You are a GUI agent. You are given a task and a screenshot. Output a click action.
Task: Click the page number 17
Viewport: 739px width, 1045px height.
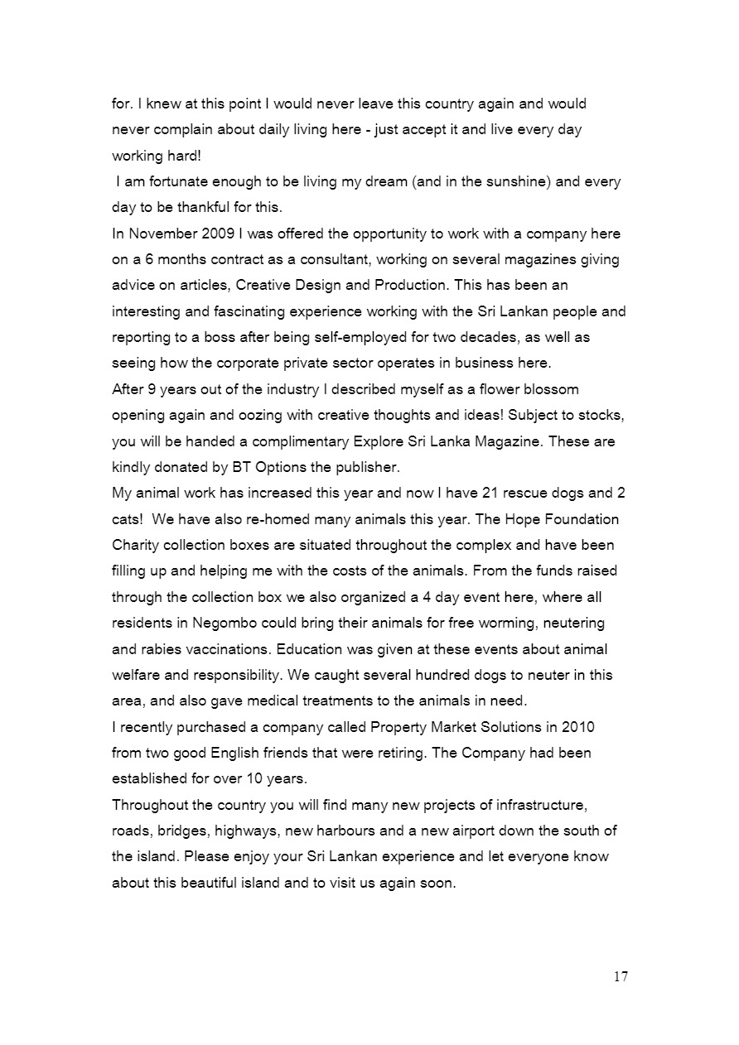coord(621,977)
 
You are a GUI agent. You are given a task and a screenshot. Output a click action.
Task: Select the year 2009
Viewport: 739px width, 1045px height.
coord(218,234)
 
